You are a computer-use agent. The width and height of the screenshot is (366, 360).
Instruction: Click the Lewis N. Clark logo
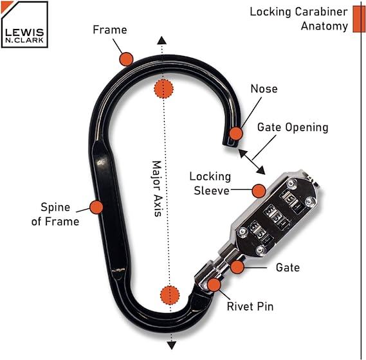[x=24, y=24]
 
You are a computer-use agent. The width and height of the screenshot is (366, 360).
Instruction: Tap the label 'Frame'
[x=110, y=30]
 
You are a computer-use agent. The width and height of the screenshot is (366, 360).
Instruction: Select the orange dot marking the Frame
[x=126, y=59]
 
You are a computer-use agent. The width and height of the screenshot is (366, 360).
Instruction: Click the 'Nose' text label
[x=264, y=89]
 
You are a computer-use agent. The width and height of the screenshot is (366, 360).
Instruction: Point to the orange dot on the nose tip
[x=236, y=134]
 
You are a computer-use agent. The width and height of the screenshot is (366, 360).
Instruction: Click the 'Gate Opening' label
[x=293, y=128]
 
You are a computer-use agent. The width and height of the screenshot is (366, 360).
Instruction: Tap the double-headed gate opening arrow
[x=252, y=162]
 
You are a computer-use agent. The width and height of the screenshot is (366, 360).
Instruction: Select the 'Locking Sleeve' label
[x=210, y=184]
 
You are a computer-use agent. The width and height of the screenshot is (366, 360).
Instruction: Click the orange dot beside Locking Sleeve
[x=259, y=191]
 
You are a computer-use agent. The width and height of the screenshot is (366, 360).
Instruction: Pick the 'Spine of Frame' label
[x=55, y=215]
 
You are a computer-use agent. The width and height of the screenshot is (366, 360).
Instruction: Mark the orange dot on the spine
[x=96, y=207]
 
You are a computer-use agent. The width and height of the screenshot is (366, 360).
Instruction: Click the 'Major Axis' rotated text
[x=157, y=188]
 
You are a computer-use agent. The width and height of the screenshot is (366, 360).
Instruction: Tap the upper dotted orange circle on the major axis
[x=163, y=89]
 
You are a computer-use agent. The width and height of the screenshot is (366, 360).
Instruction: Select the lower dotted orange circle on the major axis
[x=170, y=295]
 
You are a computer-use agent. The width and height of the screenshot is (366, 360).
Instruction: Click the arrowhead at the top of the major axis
[x=161, y=40]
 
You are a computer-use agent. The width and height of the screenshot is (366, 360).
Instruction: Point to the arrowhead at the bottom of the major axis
[x=172, y=345]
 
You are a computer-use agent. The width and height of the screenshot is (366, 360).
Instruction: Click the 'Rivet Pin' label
[x=250, y=307]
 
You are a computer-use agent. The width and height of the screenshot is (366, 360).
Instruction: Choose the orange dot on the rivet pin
[x=214, y=285]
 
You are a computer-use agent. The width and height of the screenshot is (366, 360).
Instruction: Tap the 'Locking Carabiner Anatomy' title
[x=298, y=19]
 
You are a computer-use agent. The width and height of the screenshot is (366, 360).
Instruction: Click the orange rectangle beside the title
[x=359, y=19]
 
